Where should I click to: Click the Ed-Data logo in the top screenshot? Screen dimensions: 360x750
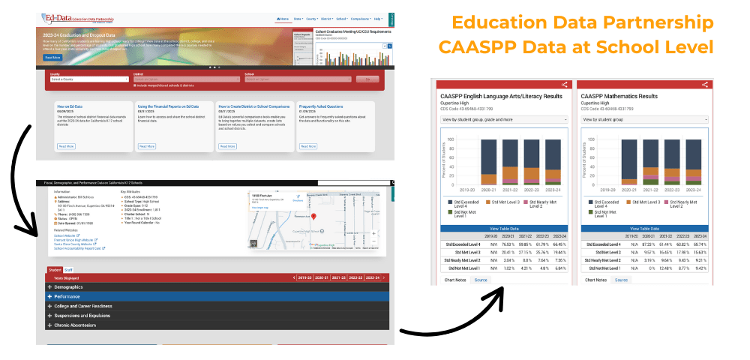[59, 16]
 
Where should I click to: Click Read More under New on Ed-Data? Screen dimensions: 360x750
[66, 146]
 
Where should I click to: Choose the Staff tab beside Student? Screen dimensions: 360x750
[68, 269]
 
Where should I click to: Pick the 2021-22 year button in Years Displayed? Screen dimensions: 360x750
[337, 277]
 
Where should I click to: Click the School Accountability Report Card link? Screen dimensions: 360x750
[79, 247]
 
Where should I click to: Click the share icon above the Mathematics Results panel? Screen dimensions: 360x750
[704, 85]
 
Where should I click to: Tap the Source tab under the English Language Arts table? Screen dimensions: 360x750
[481, 280]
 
